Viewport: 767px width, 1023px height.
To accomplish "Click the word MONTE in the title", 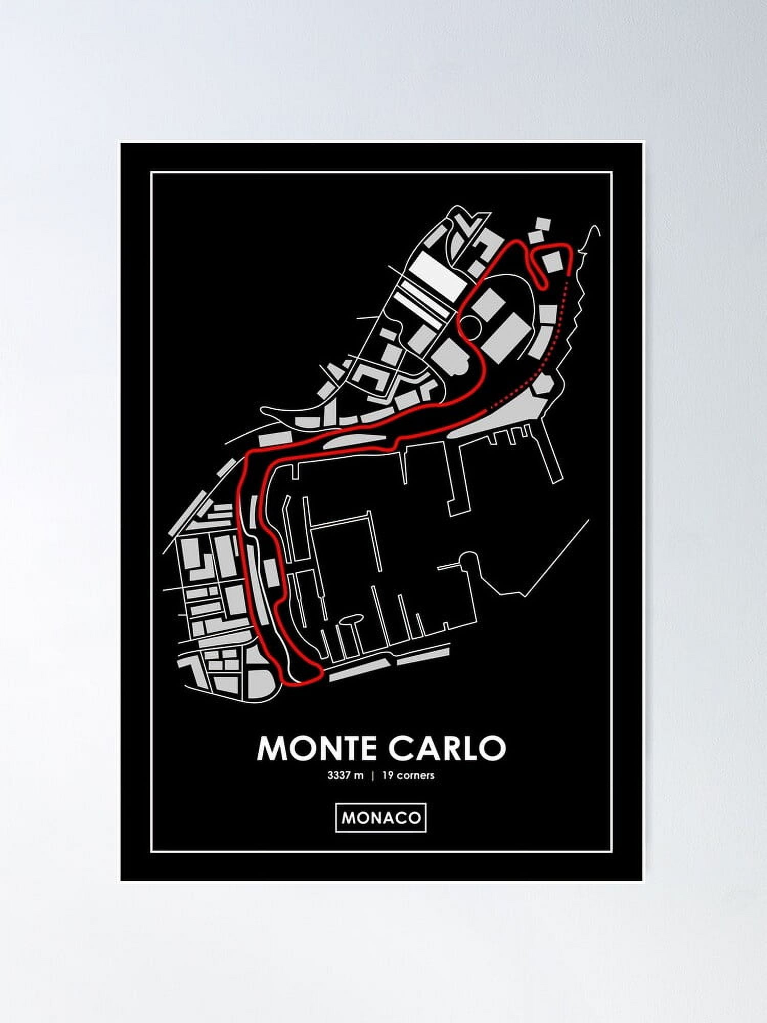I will tap(319, 748).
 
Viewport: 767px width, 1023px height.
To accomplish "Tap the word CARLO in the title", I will tap(447, 748).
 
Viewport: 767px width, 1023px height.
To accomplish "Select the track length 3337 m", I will tap(345, 775).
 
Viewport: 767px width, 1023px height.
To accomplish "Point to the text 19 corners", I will tap(408, 775).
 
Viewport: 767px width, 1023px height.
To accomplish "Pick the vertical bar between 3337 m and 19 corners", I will tap(373, 775).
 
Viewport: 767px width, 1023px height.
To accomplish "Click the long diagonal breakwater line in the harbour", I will tap(557, 558).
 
